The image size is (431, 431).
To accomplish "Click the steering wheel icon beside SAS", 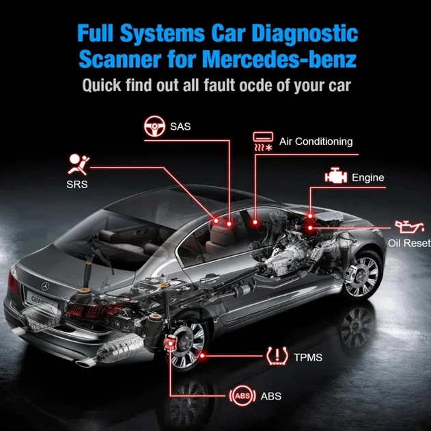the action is (x=154, y=127).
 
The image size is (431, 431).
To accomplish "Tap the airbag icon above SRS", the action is (x=79, y=164).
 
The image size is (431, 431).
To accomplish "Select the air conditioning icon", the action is (x=263, y=142).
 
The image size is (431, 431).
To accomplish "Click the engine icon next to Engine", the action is (x=335, y=176).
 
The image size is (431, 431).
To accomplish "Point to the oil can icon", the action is (x=408, y=226).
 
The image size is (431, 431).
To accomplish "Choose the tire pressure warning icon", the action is (x=277, y=356).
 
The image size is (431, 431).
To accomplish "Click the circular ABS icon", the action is (x=242, y=396).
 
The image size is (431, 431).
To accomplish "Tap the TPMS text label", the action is (x=308, y=358).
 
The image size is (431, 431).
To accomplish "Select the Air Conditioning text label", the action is (x=316, y=142).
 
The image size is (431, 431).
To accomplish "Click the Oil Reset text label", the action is (x=409, y=244).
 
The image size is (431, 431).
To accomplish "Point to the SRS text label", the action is (x=77, y=185).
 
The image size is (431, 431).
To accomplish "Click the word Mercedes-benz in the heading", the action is (x=281, y=59).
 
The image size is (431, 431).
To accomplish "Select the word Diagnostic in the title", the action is (x=305, y=34).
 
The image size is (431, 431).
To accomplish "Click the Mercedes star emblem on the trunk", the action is (x=45, y=287).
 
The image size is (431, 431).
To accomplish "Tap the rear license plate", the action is (x=42, y=301).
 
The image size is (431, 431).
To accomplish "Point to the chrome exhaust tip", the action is (x=86, y=363).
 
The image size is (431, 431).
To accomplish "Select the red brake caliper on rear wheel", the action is (x=169, y=343).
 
